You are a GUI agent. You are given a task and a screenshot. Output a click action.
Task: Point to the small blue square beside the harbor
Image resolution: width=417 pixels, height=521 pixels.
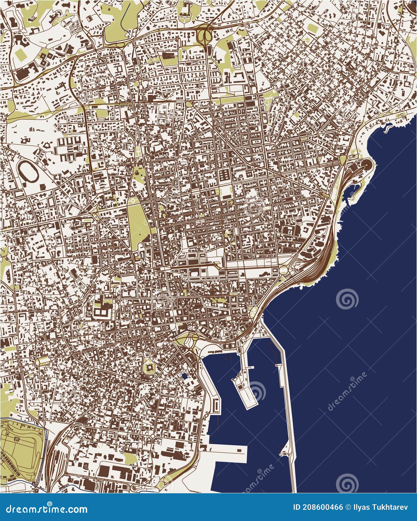click(x=185, y=376)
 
